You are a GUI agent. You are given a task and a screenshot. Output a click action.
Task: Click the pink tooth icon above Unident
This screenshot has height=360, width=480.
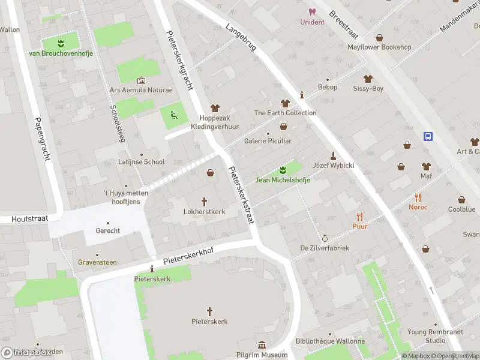pyautogui.click(x=311, y=11)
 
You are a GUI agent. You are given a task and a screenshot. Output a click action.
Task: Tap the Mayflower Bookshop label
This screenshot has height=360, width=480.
pyautogui.click(x=379, y=47)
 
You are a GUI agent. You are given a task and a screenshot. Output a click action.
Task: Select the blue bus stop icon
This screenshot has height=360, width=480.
pyautogui.click(x=428, y=136)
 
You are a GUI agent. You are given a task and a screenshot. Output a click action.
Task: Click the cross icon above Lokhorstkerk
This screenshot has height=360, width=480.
pyautogui.click(x=204, y=202)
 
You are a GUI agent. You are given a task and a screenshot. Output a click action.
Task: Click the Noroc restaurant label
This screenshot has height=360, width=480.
pyautogui.click(x=418, y=207)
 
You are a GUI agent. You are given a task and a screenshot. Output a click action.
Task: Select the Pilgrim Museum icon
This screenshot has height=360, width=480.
pyautogui.click(x=262, y=345)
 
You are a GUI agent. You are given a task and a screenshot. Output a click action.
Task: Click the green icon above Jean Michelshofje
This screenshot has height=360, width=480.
pyautogui.click(x=283, y=170)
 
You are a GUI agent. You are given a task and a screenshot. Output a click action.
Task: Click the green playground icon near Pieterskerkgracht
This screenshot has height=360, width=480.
pyautogui.click(x=174, y=115)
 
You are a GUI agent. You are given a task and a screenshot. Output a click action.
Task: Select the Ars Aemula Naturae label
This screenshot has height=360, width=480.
pyautogui.click(x=140, y=90)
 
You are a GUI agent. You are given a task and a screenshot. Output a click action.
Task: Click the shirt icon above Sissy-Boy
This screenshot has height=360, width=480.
pyautogui.click(x=368, y=79)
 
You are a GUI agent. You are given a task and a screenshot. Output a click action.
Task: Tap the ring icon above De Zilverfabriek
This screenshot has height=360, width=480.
pyautogui.click(x=325, y=238)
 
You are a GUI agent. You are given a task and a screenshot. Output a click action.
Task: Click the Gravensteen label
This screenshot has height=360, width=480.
pyautogui.click(x=97, y=262)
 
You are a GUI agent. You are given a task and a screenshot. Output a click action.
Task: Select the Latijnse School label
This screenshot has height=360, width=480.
pyautogui.click(x=141, y=162)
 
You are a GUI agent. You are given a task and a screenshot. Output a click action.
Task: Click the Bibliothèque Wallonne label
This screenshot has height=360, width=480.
pyautogui.click(x=330, y=341)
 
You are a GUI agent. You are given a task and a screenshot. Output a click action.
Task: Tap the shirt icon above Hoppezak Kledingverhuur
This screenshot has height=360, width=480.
pyautogui.click(x=212, y=107)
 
